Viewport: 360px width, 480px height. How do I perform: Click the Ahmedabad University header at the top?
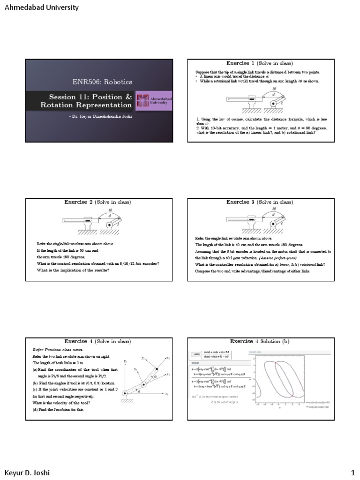41,8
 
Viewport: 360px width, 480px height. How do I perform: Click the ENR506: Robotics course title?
102,82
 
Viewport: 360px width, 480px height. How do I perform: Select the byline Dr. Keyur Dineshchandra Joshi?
101,115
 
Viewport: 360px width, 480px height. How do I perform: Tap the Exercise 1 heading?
260,63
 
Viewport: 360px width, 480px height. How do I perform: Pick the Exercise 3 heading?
260,202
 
